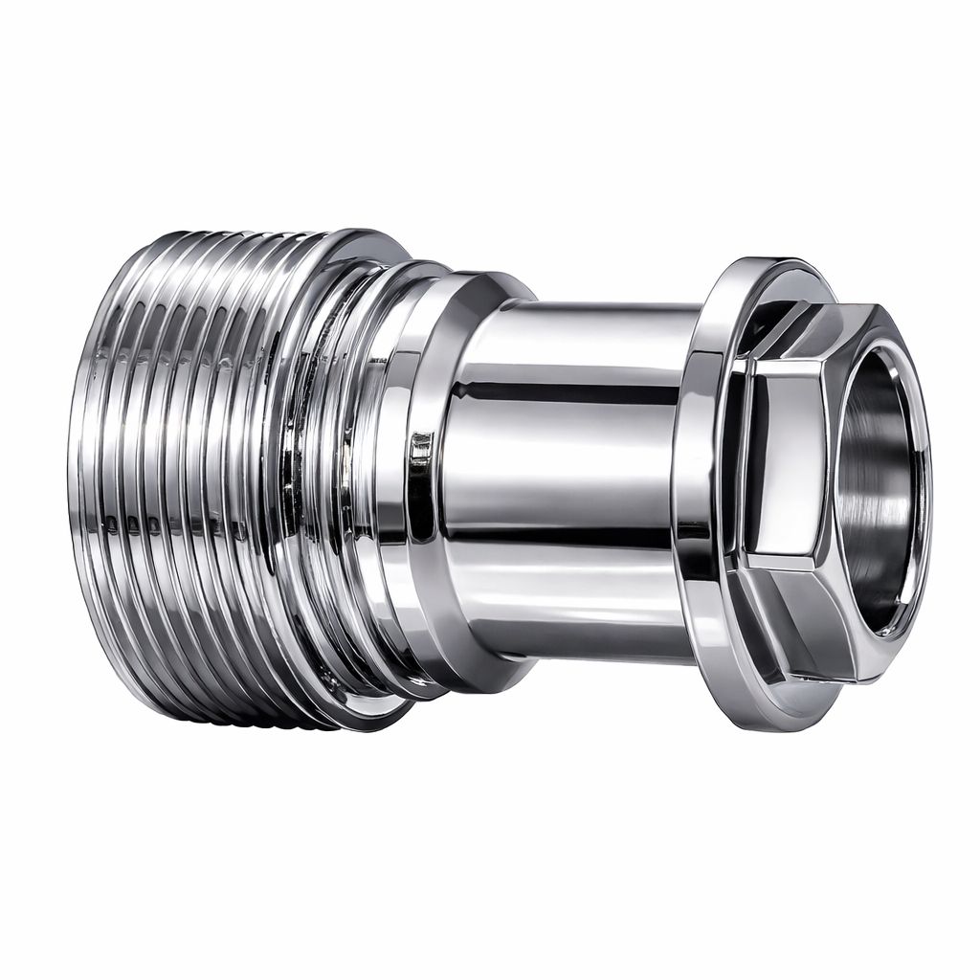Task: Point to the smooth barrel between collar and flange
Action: point(574,479)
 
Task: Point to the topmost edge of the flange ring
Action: point(766,260)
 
